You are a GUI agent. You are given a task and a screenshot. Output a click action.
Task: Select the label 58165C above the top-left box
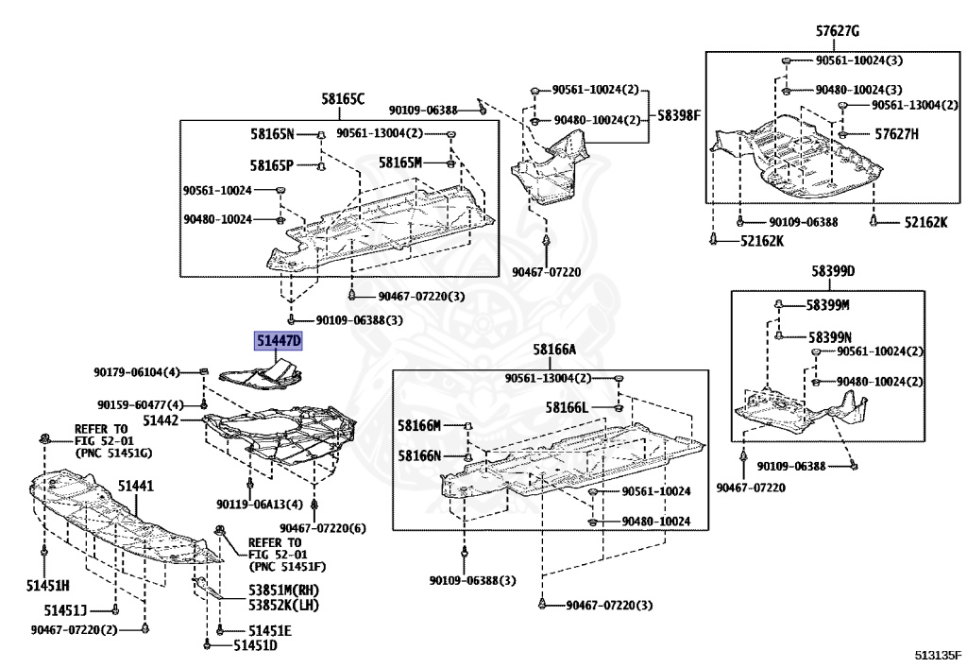[x=342, y=98]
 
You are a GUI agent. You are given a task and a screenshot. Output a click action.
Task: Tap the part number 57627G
[x=838, y=31]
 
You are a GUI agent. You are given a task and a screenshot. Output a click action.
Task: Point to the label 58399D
[x=832, y=271]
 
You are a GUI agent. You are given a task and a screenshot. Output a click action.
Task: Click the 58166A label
[x=553, y=350]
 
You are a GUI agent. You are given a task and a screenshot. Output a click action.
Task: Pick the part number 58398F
[x=680, y=115]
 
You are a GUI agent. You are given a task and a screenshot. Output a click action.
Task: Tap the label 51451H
[x=48, y=587]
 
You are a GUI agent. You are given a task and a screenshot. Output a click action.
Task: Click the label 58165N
[x=272, y=134]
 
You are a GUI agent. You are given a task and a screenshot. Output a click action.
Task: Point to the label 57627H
[x=896, y=134]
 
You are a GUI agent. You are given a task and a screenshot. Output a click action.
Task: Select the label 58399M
[x=828, y=305]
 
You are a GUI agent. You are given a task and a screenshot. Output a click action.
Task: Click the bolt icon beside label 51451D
[x=207, y=645]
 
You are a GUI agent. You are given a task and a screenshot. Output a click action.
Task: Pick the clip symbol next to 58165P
[x=320, y=166]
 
